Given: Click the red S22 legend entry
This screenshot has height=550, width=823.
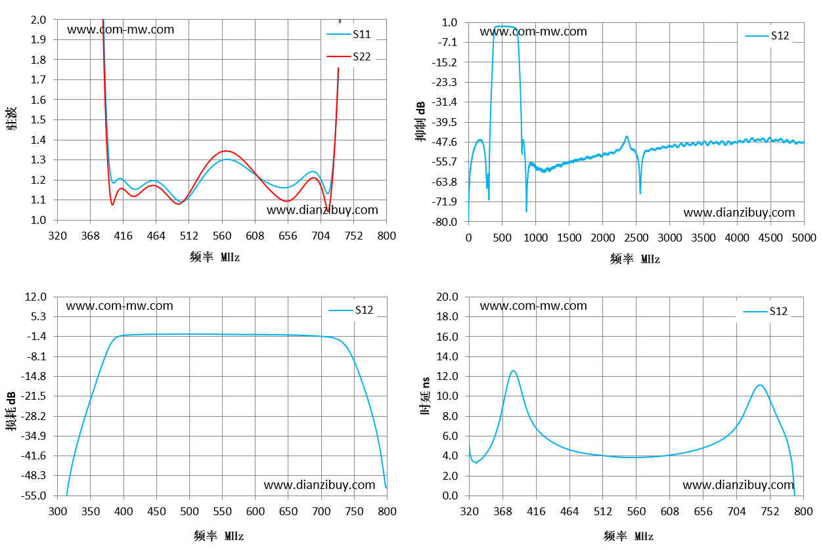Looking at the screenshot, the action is pos(349,56).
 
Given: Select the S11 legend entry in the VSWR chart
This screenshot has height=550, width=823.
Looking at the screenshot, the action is pos(349,34).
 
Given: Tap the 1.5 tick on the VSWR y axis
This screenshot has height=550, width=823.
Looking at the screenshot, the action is pos(38,119).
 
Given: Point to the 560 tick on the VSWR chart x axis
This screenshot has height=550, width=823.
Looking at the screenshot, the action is pos(222,236).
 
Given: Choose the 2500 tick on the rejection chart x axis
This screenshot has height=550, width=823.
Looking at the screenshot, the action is pos(636,238).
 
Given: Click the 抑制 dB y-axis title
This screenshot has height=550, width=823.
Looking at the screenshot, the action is pos(420,121).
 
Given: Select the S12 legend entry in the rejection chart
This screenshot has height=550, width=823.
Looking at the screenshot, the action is pos(767,35).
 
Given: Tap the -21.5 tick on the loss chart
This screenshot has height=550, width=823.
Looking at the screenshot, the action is pos(33,396).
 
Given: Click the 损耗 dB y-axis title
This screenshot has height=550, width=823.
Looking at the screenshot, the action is pos(11,411).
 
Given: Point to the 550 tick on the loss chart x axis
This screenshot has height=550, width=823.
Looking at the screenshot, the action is pos(222,511).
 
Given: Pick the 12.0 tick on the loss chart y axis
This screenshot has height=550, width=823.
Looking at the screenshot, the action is pos(35,297).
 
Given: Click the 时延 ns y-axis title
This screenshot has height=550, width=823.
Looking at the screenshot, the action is pos(425,396).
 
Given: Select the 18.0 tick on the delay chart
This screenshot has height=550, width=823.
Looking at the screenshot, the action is pos(447,316).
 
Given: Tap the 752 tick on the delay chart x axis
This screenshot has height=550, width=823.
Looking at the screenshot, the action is pos(770,511).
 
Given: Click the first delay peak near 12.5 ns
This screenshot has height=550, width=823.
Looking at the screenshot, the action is pos(513,371).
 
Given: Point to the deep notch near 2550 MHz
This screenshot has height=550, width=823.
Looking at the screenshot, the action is pos(640,193).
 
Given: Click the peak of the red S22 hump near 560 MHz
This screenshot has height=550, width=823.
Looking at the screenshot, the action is pos(225,151).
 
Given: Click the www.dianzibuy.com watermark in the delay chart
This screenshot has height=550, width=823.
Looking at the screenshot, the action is pos(738,485).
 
